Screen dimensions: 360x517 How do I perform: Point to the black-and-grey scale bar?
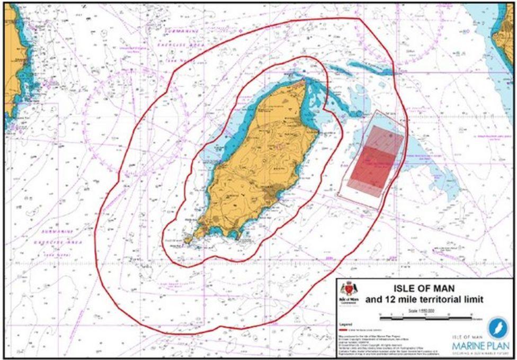(430, 318)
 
